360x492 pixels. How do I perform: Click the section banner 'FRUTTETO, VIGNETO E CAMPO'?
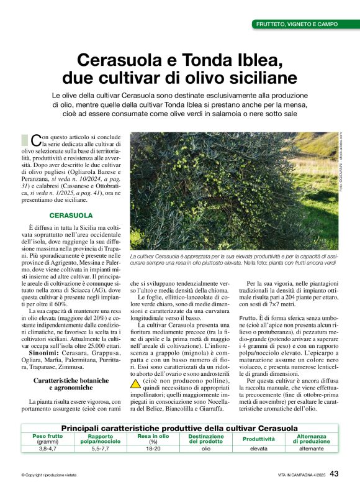coord(297,24)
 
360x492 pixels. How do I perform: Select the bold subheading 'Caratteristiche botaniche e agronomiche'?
coord(71,383)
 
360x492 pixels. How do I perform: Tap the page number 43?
coord(334,474)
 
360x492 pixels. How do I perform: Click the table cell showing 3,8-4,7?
coord(47,448)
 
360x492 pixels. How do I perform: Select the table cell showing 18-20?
coord(153,448)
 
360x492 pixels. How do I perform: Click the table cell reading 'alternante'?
coord(311,448)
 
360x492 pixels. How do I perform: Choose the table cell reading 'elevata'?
coord(259,448)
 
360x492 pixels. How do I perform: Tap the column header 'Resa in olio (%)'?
coord(153,439)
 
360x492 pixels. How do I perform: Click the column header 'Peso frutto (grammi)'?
coord(47,439)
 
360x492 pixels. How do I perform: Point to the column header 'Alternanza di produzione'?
coord(311,439)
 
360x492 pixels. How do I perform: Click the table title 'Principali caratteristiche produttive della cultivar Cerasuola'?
coord(179,429)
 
